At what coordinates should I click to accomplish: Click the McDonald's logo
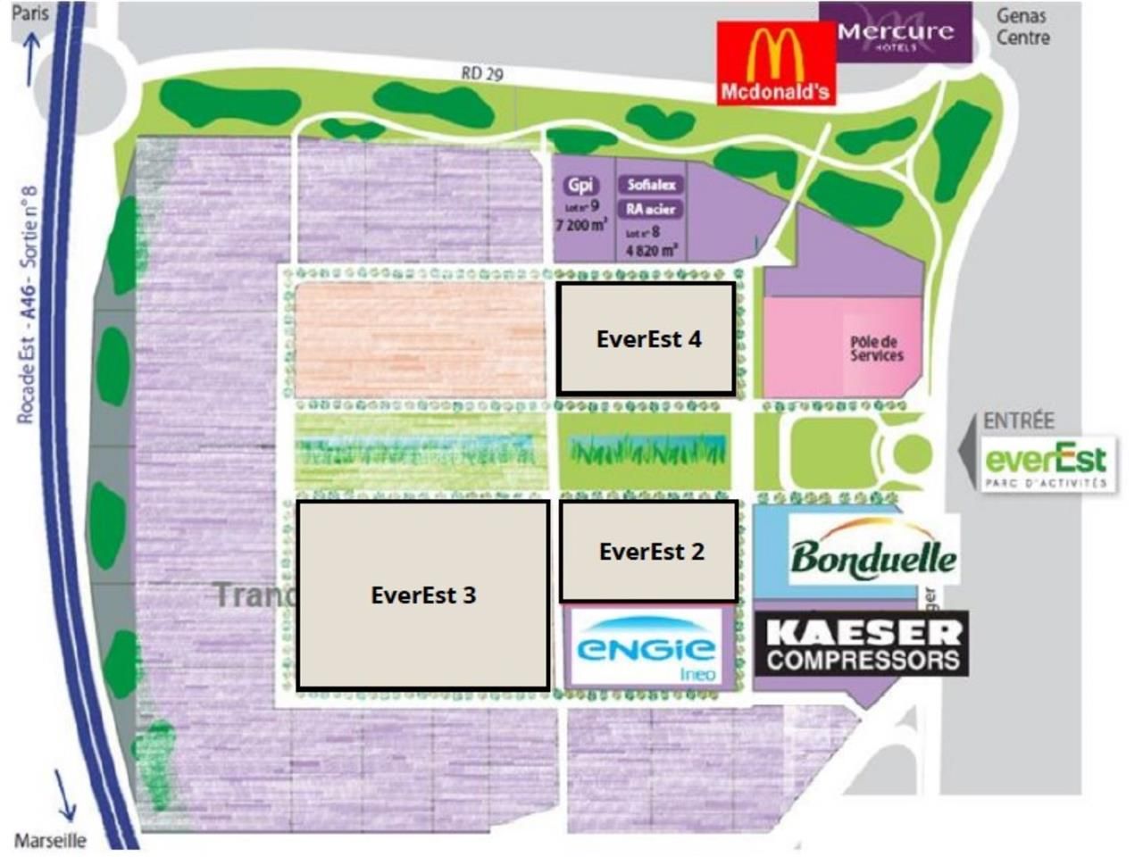(x=775, y=63)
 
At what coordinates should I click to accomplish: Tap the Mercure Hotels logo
(x=895, y=33)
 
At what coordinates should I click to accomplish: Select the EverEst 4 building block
(x=647, y=339)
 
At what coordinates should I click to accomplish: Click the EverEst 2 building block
(x=649, y=552)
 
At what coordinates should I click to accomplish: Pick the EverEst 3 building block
(x=422, y=595)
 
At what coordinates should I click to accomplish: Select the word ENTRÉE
(x=1018, y=421)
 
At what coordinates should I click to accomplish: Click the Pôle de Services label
(x=876, y=349)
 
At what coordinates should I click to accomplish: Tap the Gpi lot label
(x=580, y=185)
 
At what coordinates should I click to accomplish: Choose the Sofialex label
(x=651, y=185)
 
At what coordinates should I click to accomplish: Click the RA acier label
(x=651, y=209)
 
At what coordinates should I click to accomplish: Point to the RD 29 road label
(x=482, y=73)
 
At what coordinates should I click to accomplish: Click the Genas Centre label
(x=1022, y=27)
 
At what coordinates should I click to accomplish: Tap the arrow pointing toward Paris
(x=32, y=59)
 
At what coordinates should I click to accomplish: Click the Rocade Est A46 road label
(x=29, y=304)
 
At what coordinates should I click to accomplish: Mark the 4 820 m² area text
(x=651, y=250)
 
